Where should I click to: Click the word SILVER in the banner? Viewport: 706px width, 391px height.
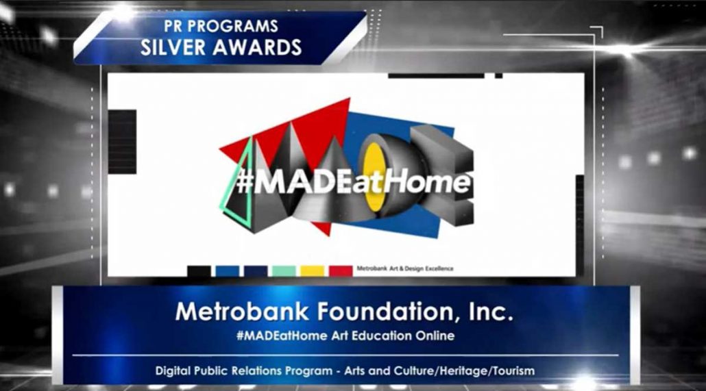(x=173, y=47)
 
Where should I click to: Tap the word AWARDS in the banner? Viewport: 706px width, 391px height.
(x=257, y=47)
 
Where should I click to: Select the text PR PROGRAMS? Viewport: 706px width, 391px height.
(x=221, y=26)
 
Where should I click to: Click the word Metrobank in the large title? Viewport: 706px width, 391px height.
(x=242, y=312)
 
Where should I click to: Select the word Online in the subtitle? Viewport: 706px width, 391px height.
(x=435, y=336)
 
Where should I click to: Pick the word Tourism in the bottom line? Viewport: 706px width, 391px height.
(x=514, y=371)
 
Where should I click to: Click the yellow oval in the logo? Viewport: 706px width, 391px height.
(x=374, y=177)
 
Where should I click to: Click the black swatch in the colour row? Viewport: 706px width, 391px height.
(x=199, y=271)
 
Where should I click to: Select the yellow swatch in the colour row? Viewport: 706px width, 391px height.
(x=313, y=271)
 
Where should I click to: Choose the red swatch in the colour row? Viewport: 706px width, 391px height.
(x=341, y=271)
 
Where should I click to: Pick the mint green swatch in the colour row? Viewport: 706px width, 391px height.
(x=284, y=271)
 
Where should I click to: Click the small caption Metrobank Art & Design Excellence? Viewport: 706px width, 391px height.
(x=405, y=268)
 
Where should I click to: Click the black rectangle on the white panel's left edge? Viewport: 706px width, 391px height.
(x=122, y=142)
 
